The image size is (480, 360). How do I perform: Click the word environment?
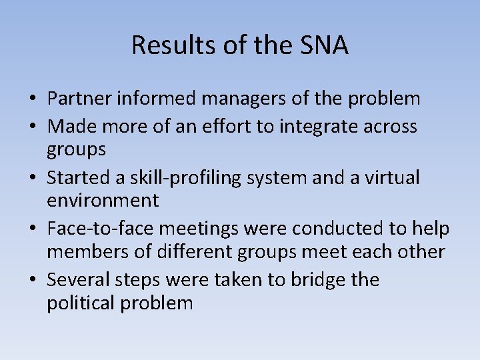point(103,200)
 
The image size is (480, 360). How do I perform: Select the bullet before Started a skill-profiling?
point(32,178)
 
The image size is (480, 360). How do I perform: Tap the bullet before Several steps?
point(32,281)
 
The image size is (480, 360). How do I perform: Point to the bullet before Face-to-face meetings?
point(32,229)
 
